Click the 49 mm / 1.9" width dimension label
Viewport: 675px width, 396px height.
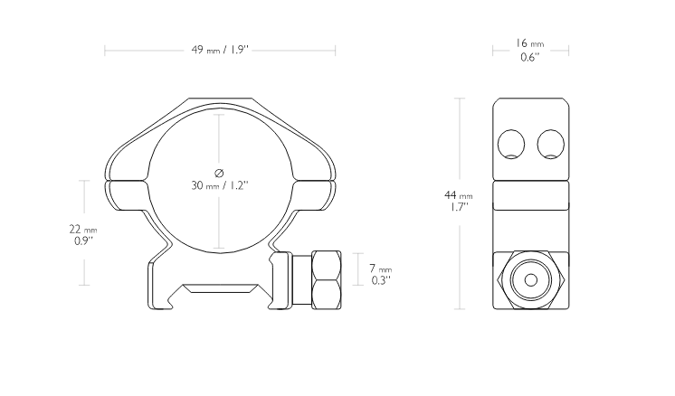pos(220,50)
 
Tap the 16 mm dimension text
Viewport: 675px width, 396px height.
pos(530,43)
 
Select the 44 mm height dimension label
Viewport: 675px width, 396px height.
pos(459,195)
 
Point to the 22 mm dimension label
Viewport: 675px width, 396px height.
pos(83,229)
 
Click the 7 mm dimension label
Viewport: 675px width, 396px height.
pos(381,269)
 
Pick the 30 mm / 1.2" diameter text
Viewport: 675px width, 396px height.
pos(220,185)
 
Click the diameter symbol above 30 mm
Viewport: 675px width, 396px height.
pos(219,173)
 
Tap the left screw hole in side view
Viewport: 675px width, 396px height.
pos(511,145)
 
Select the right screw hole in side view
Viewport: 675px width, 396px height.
pos(551,145)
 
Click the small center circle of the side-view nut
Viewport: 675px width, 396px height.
pos(531,280)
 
